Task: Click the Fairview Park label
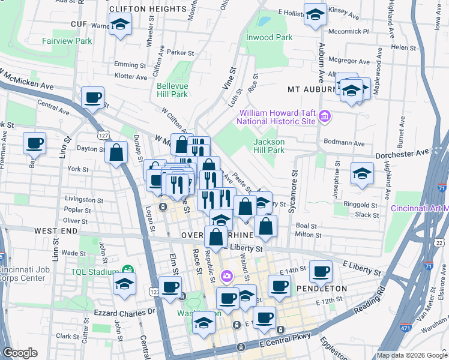pos(67,41)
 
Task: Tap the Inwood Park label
pos(270,37)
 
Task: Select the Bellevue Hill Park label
pos(172,90)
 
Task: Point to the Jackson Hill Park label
pos(268,146)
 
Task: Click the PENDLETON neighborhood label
pos(322,289)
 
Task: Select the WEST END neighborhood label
pos(55,231)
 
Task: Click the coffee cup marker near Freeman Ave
pos(34,143)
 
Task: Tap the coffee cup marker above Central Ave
pos(92,98)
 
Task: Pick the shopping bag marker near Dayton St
pos(116,152)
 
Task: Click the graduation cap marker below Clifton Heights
pos(121,26)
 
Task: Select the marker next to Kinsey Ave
pos(315,15)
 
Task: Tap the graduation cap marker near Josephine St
pos(362,173)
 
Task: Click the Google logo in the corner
pos(21,353)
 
